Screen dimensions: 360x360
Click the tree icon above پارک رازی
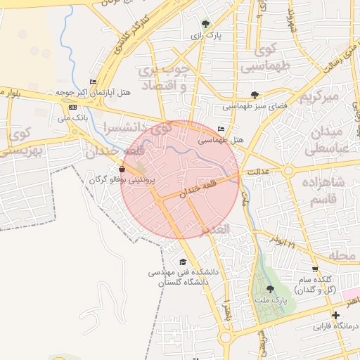point(205,23)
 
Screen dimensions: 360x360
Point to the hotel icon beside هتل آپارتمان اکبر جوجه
point(94,82)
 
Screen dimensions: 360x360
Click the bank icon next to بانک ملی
point(73,107)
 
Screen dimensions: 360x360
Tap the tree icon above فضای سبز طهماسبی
point(255,95)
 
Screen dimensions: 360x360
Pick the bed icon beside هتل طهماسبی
point(221,129)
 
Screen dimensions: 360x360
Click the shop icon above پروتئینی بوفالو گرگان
point(122,169)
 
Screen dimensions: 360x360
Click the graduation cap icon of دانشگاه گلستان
point(183,262)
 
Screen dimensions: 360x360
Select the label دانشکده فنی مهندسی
point(185,271)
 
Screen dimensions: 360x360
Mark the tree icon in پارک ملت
point(271,289)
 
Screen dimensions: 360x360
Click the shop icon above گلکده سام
point(314,269)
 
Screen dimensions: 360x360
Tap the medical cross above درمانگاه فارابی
point(335,315)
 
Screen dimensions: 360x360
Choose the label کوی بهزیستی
point(20,141)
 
